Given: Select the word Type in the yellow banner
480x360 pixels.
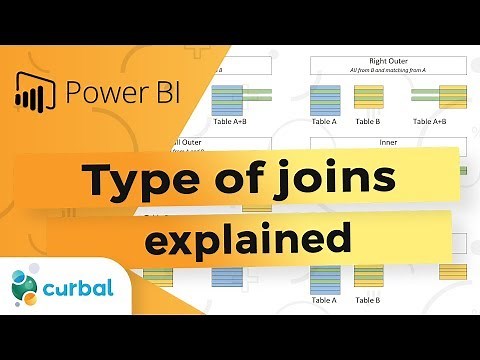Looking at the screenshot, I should click(x=126, y=180).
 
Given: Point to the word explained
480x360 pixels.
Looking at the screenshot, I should click(x=248, y=239).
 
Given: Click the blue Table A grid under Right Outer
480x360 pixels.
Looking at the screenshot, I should click(x=327, y=99).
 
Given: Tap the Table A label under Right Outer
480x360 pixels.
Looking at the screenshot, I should click(x=327, y=121).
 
